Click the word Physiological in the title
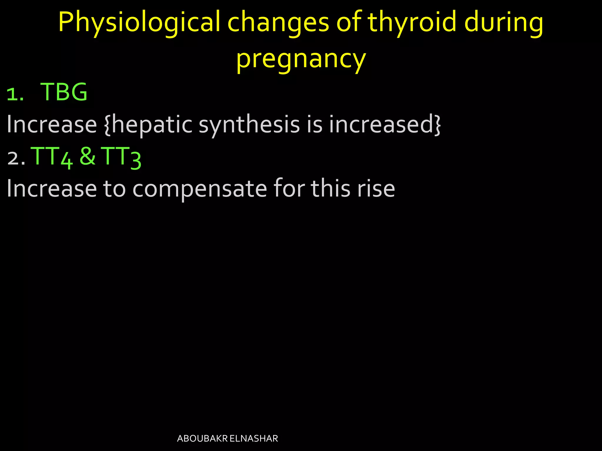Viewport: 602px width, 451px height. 139,23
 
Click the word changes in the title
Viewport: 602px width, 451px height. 278,23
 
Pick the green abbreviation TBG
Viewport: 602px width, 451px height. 64,92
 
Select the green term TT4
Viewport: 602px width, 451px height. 52,157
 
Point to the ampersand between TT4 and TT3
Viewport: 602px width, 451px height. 87,156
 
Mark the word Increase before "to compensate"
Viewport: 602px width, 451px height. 52,189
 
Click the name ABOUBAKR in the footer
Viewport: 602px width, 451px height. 202,439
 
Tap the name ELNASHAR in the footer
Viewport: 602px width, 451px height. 254,439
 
